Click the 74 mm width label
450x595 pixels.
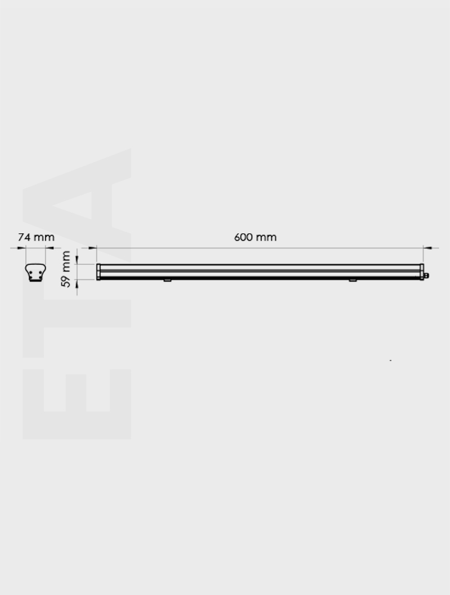tap(36, 237)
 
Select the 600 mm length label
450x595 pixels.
tap(255, 237)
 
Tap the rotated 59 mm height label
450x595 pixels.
tap(66, 269)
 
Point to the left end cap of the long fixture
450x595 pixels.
tap(98, 272)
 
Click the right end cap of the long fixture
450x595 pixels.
tap(421, 271)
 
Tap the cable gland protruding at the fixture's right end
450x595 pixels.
tap(426, 276)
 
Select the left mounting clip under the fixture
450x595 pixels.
tap(167, 280)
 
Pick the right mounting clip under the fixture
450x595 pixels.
tap(353, 280)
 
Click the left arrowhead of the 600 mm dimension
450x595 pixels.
tap(92, 247)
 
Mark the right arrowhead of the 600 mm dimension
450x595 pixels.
tap(428, 247)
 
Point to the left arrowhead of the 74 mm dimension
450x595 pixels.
tap(22, 247)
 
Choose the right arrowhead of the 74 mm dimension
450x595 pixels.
tap(50, 247)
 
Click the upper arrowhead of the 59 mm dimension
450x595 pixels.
tap(78, 260)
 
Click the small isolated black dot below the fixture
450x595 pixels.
tap(390, 360)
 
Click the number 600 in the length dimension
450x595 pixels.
tap(244, 237)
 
